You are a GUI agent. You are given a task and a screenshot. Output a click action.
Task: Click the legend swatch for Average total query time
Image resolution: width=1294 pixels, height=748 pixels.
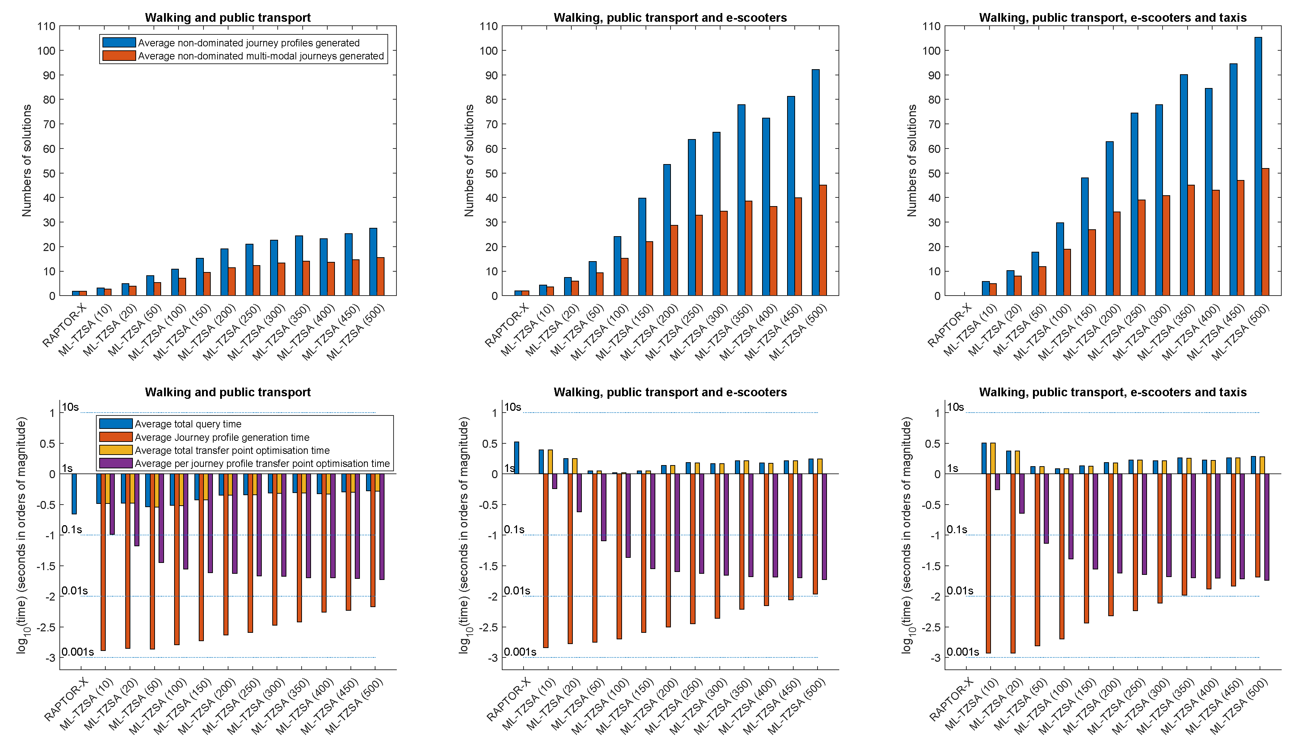click(115, 424)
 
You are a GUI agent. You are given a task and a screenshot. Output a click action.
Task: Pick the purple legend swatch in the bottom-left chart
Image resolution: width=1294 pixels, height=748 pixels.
click(115, 463)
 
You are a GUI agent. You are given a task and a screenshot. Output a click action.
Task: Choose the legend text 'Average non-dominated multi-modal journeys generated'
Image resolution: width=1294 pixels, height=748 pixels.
click(261, 56)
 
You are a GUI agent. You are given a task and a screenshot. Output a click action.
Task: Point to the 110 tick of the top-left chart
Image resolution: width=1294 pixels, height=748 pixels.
click(46, 26)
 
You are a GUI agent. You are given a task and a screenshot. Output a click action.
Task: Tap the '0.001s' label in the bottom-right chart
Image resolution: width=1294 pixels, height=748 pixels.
click(962, 652)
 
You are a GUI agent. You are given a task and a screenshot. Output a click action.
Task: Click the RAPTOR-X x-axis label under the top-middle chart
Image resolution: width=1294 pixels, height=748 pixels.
click(507, 325)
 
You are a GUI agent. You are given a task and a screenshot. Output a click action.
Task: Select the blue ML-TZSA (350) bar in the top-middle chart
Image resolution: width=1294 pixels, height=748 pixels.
click(741, 200)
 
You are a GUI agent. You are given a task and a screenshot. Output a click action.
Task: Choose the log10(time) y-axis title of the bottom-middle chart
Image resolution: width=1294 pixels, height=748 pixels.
click(464, 535)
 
